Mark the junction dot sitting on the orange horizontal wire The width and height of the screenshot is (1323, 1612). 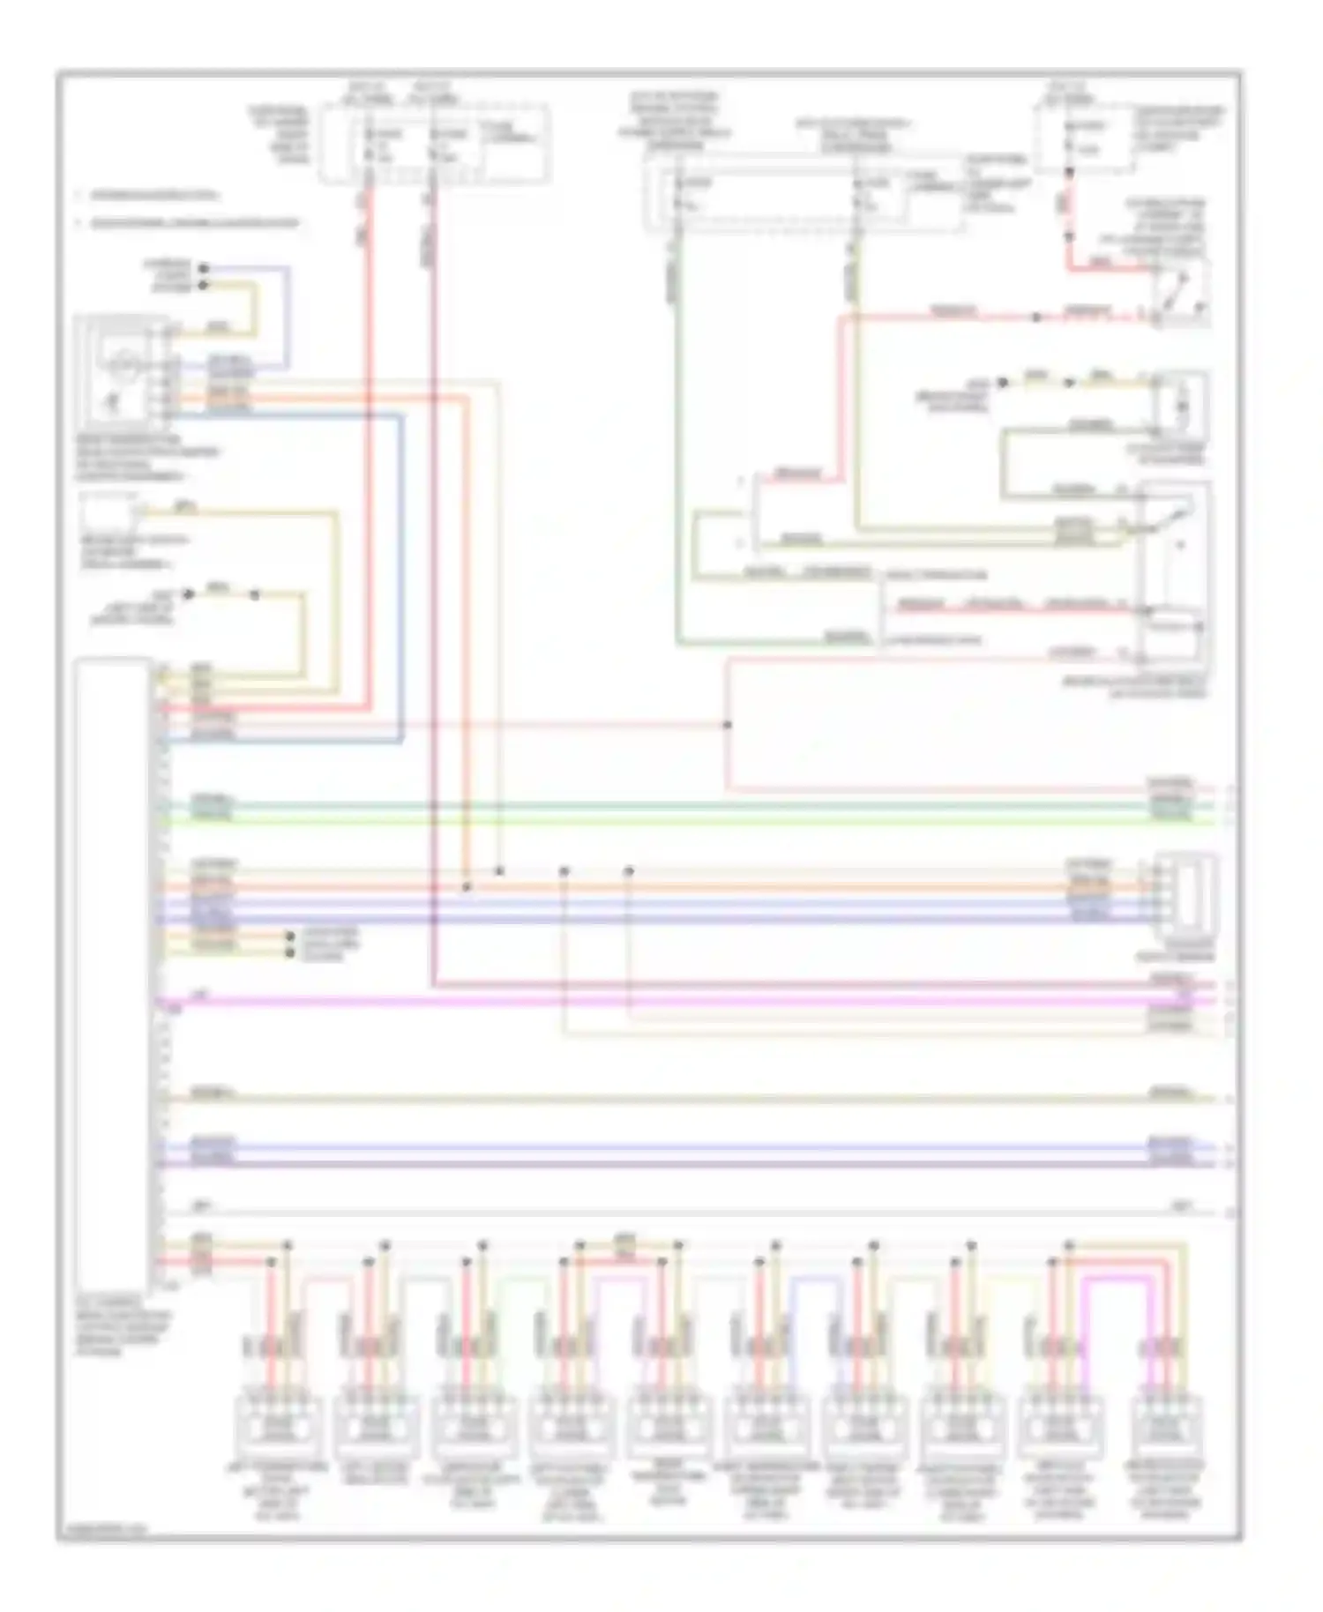pos(467,885)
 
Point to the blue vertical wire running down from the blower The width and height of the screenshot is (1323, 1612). pos(402,573)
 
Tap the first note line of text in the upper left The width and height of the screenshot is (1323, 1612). pos(150,195)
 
